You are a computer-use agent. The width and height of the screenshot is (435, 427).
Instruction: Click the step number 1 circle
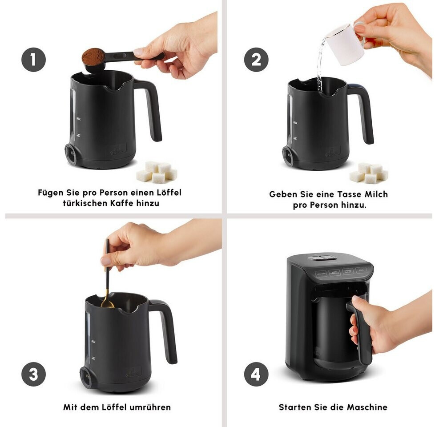pos(33,60)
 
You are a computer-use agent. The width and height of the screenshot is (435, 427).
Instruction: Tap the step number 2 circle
pos(256,60)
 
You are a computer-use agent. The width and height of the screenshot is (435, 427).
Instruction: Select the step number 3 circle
pos(33,374)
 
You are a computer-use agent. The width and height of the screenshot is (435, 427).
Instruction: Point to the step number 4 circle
pos(256,374)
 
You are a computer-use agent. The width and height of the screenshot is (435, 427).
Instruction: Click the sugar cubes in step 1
pos(157,172)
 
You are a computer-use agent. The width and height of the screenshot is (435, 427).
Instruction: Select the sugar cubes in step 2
pos(369,173)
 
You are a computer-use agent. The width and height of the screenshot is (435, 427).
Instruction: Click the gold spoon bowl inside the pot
pos(107,304)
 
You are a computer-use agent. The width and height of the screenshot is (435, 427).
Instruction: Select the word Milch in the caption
pos(376,194)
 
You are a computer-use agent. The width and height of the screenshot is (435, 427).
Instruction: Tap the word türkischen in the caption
pos(85,203)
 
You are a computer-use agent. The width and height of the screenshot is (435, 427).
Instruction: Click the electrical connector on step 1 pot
pos(71,153)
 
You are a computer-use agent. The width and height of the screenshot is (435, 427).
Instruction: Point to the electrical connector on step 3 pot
pos(86,377)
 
